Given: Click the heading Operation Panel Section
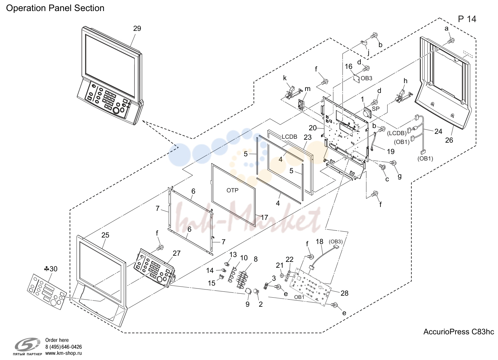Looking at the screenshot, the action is point(55,8).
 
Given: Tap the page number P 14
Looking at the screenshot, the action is point(467,19).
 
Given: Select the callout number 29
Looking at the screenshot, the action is point(137,29).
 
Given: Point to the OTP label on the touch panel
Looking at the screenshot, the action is point(232,190).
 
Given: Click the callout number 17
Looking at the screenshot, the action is point(264,217).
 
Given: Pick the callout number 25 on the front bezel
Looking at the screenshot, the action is point(106,235).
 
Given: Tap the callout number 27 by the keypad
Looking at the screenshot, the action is point(177,253).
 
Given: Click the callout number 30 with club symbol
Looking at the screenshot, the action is point(51,269).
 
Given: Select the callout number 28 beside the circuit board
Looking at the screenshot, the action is point(344,293).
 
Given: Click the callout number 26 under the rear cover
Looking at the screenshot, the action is point(449,140).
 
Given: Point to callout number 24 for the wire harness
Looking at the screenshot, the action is point(438,132).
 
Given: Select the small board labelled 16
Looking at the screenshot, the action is point(356,79).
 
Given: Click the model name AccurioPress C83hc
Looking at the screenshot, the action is point(459,332).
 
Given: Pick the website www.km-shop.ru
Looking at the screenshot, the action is point(64,353).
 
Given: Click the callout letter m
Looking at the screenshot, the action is point(307,89).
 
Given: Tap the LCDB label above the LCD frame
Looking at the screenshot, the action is point(290,137).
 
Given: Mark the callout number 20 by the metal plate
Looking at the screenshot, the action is point(313,128).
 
